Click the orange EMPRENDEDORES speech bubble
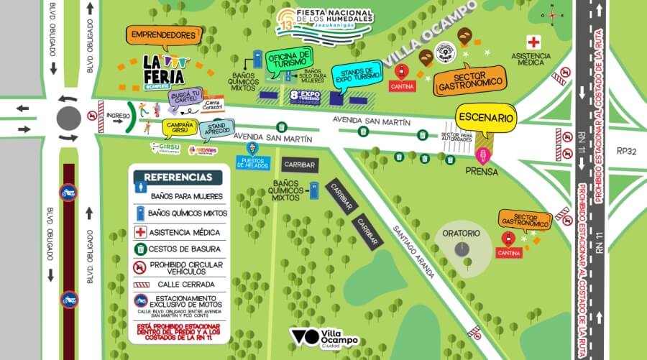pyautogui.click(x=163, y=34)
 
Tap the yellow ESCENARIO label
pyautogui.click(x=487, y=117)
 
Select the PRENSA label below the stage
pyautogui.click(x=481, y=172)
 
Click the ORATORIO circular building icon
pyautogui.click(x=462, y=248)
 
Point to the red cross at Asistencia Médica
pyautogui.click(x=533, y=42)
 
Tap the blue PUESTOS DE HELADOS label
pyautogui.click(x=253, y=162)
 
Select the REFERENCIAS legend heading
pyautogui.click(x=178, y=177)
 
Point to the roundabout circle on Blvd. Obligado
pyautogui.click(x=69, y=117)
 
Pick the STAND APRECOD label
pyautogui.click(x=216, y=128)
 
